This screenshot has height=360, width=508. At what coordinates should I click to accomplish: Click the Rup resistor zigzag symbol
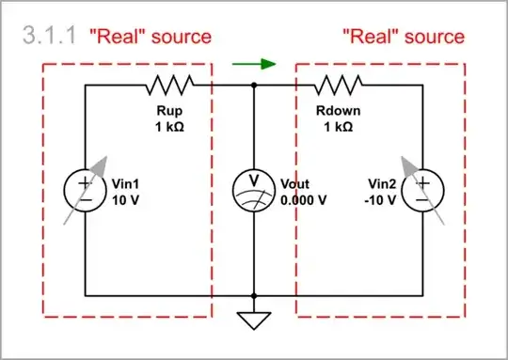[169, 86]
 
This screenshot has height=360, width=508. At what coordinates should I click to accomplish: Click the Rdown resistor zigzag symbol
[340, 86]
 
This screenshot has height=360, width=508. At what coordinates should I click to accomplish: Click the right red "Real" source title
[403, 37]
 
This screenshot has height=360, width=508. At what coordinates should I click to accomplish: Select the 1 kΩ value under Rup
[170, 126]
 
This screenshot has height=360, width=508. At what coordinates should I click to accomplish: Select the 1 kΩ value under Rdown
[340, 126]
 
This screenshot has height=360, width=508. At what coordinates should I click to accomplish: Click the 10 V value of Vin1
[125, 199]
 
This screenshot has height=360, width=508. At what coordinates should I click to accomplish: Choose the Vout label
[296, 184]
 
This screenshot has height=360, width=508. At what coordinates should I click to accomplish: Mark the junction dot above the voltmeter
[254, 86]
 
